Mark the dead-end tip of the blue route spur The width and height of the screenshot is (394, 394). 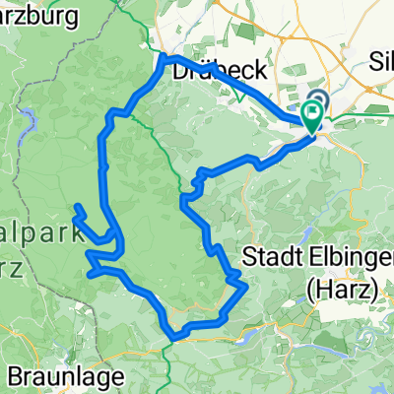(x=77, y=206)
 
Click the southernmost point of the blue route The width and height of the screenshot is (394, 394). (x=173, y=336)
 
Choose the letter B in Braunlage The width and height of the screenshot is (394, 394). (x=15, y=375)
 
